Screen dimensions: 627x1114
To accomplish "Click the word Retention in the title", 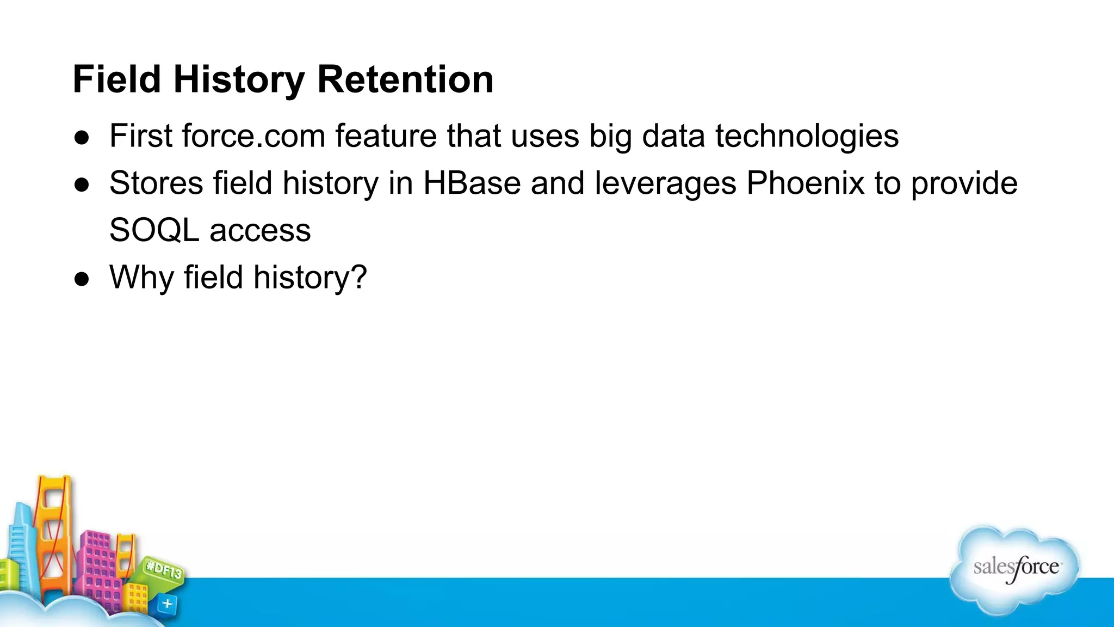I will point(405,79).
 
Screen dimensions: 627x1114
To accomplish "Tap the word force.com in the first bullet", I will point(253,136).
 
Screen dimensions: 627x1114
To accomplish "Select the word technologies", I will point(807,137).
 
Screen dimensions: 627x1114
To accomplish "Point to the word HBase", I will point(472,183).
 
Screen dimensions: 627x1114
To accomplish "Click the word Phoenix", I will point(805,183).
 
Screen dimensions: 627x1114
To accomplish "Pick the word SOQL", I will point(154,230).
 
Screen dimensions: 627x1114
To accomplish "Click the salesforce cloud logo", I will point(1015,569).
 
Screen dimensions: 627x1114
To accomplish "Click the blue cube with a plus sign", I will point(167,604).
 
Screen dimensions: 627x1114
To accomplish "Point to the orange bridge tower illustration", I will point(53,533).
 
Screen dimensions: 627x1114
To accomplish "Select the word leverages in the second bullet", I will point(665,184).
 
